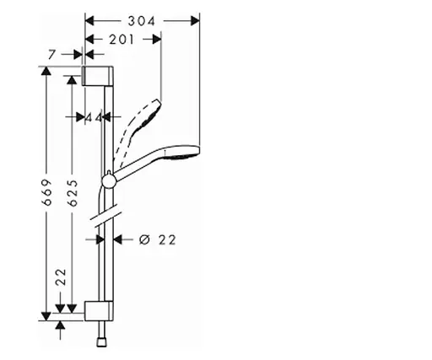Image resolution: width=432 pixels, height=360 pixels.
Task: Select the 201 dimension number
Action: (122, 40)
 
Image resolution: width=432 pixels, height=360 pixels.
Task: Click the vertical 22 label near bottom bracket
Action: (61, 277)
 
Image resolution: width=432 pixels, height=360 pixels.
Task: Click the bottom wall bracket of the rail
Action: (97, 310)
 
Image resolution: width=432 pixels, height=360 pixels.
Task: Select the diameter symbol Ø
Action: (143, 239)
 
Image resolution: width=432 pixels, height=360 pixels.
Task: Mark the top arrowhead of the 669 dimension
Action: (47, 69)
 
